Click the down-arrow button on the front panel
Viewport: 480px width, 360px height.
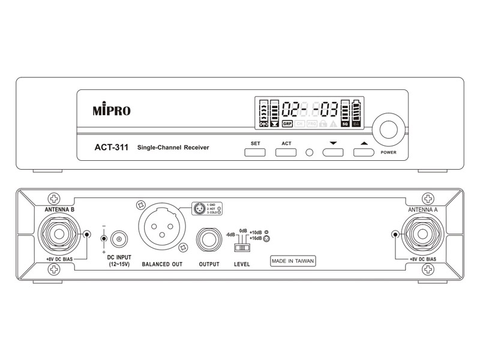pyautogui.click(x=333, y=152)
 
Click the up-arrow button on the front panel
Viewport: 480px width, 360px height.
pyautogui.click(x=363, y=152)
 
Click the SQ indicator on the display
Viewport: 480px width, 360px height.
pyautogui.click(x=345, y=124)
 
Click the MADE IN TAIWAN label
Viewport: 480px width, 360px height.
pyautogui.click(x=293, y=260)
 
